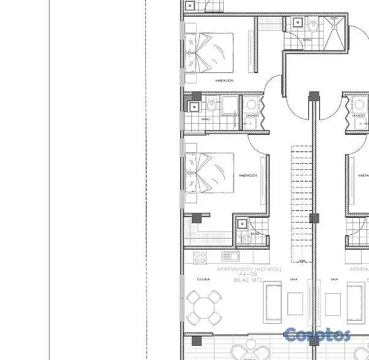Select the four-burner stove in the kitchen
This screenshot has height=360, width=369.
pyautogui.click(x=199, y=256)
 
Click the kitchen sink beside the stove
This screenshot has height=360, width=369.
pyautogui.click(x=230, y=256)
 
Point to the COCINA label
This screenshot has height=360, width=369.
pyautogui.click(x=204, y=279)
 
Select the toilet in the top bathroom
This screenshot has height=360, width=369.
pyautogui.click(x=313, y=26)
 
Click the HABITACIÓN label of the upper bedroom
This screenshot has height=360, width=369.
pyautogui.click(x=224, y=80)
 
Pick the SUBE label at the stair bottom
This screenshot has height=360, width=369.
pyautogui.click(x=302, y=261)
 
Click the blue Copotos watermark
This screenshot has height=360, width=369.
pyautogui.click(x=318, y=335)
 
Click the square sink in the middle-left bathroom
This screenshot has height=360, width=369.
pyautogui.click(x=194, y=106)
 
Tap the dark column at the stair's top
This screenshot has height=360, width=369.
pyautogui.click(x=314, y=96)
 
